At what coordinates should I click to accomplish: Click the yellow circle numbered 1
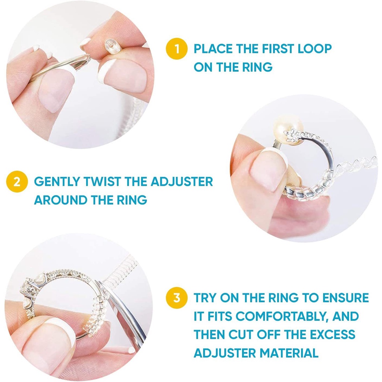click(x=176, y=49)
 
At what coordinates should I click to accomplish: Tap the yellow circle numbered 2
click(x=17, y=182)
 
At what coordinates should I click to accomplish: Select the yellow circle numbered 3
click(x=176, y=298)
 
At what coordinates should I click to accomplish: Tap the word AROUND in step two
click(x=61, y=200)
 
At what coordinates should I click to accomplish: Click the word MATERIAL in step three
click(x=289, y=353)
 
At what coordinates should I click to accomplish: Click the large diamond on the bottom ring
click(x=27, y=290)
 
